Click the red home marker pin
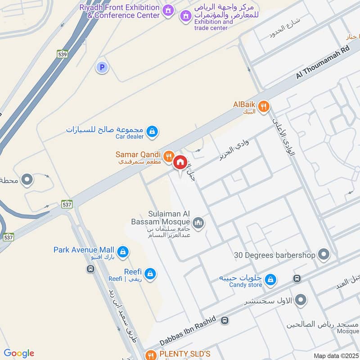coord(180,162)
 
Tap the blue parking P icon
coord(102,67)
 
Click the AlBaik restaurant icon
coord(264,106)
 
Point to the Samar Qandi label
coord(138,155)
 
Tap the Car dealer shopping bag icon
coord(152,131)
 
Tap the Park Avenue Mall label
coord(84,250)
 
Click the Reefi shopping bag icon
coord(150,273)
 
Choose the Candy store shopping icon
coord(270,280)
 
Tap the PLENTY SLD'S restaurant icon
coord(151,354)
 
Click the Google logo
coord(19,353)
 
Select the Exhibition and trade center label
coord(213,25)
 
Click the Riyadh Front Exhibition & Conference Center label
coord(120,11)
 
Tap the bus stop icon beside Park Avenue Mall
coord(90,269)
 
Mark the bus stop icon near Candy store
coord(297,279)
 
